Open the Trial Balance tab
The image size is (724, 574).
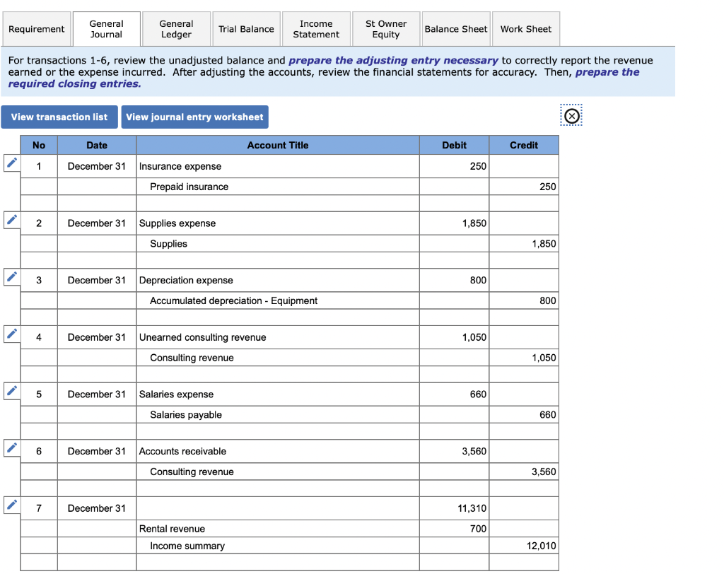click(x=246, y=29)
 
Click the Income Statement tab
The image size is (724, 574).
click(x=315, y=29)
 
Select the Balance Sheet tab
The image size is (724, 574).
click(x=455, y=29)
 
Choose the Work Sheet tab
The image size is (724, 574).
click(x=525, y=29)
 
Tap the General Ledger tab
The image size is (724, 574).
click(x=176, y=29)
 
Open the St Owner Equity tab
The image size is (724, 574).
click(x=386, y=29)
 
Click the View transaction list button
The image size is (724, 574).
click(x=59, y=117)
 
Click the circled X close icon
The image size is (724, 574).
click(x=571, y=117)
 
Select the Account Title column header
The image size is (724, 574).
click(x=277, y=145)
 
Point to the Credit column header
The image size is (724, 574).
click(x=523, y=145)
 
